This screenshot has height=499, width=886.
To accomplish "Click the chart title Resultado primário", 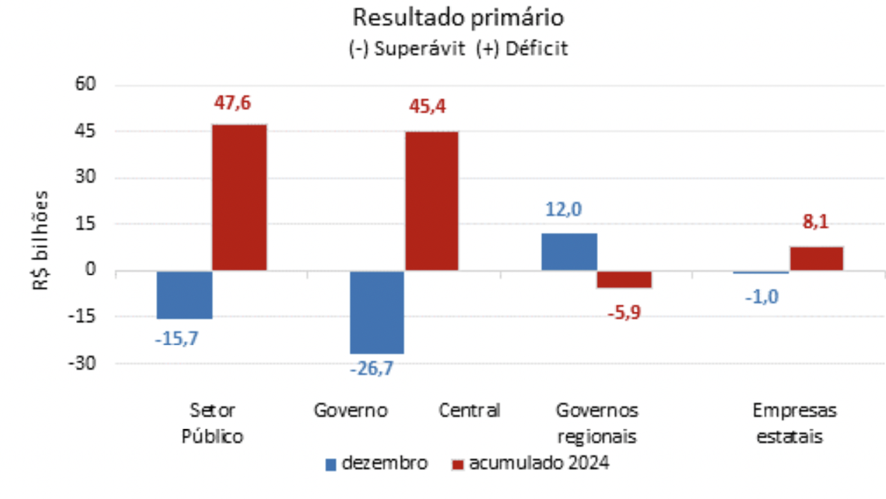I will coord(458,17).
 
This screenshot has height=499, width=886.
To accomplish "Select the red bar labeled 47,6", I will coord(239,197).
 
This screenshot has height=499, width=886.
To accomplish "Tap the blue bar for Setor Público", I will coord(184,295).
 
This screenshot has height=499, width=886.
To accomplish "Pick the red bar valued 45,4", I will coord(431,200).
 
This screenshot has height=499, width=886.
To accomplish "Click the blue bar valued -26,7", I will coord(377,312).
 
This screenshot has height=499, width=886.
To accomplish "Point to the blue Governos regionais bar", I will coord(569,252).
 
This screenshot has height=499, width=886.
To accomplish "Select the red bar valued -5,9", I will coord(624,279).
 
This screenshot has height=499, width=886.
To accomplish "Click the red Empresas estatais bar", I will coord(816,258).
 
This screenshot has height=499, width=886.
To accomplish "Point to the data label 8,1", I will coord(815,222).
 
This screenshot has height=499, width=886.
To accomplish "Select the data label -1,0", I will coord(761,297).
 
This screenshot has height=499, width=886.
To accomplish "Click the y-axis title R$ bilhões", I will coord(42,239).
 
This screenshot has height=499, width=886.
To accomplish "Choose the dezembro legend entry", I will coord(377,463).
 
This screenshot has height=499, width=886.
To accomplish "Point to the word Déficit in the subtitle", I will coord(536,49).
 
